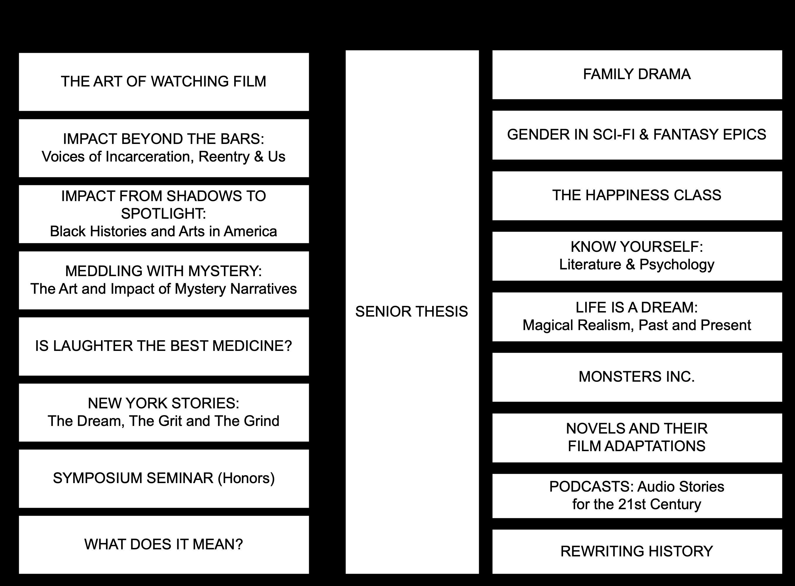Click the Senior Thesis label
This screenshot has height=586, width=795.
411,311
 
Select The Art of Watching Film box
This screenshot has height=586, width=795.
164,81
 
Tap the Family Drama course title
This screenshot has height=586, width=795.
636,74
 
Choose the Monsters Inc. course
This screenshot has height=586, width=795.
636,377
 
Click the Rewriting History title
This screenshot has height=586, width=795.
636,551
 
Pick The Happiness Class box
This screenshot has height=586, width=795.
636,196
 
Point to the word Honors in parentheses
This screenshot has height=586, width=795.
246,478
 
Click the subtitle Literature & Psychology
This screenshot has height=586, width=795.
636,265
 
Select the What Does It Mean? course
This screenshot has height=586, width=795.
164,544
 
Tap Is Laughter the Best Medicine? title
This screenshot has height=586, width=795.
164,346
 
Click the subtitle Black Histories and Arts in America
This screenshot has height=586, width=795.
164,231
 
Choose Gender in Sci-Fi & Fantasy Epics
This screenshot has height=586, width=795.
636,135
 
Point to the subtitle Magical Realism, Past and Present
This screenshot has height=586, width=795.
636,325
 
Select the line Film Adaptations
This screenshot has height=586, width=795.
636,446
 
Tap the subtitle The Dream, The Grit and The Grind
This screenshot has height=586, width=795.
164,421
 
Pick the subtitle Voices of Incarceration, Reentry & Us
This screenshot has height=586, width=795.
164,157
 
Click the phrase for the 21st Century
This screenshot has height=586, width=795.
636,505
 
